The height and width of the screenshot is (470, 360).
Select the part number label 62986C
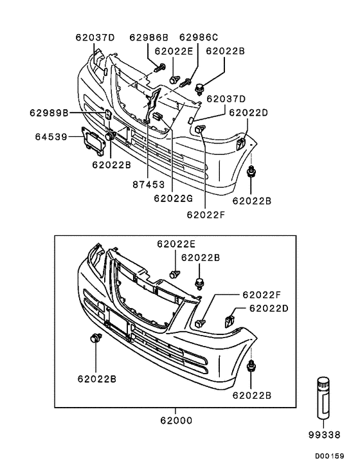click(x=199, y=38)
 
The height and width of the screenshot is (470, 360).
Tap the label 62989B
click(x=48, y=113)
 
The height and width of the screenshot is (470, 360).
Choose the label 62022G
click(x=173, y=199)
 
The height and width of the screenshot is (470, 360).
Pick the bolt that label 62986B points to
click(x=158, y=68)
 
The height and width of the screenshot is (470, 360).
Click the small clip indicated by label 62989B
click(x=109, y=115)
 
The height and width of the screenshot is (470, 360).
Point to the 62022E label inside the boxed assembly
click(x=175, y=244)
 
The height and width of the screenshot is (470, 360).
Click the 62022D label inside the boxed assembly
click(x=269, y=309)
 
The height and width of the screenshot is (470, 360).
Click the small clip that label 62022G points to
click(x=156, y=116)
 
